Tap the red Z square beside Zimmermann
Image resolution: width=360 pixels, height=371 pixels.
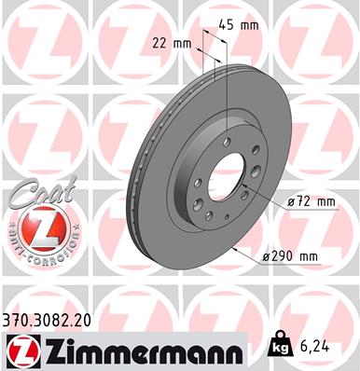click(18, 350)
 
